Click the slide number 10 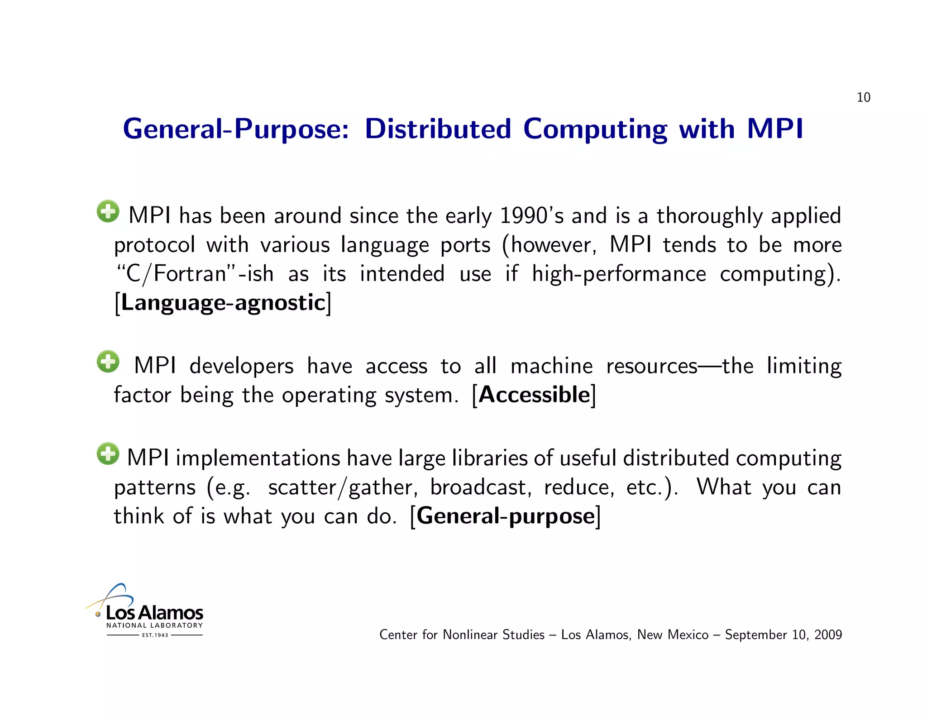pyautogui.click(x=863, y=97)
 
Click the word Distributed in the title pyautogui.click(x=438, y=129)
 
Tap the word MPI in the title pyautogui.click(x=775, y=129)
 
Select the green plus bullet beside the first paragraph pyautogui.click(x=108, y=211)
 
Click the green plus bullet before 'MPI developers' pyautogui.click(x=108, y=362)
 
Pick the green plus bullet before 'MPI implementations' pyautogui.click(x=108, y=453)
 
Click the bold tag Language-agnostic pyautogui.click(x=223, y=302)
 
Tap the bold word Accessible pyautogui.click(x=534, y=395)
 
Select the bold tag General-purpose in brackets pyautogui.click(x=505, y=516)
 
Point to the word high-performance pyautogui.click(x=619, y=274)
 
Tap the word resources pyautogui.click(x=652, y=366)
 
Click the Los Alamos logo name pyautogui.click(x=154, y=613)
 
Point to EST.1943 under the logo pyautogui.click(x=155, y=635)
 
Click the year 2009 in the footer pyautogui.click(x=828, y=635)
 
